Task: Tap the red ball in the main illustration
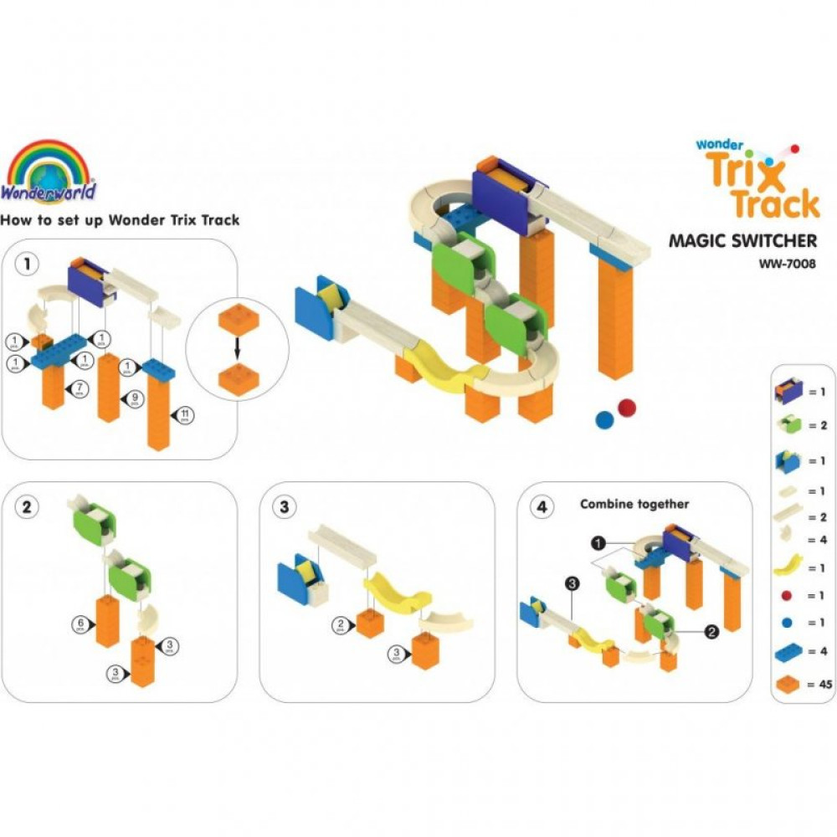point(626,408)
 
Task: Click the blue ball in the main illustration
point(604,418)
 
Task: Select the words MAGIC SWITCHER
point(742,242)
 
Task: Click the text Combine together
point(634,505)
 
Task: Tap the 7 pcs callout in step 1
point(76,387)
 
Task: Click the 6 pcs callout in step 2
point(79,624)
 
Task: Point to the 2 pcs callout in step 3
point(341,623)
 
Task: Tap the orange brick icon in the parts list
point(790,684)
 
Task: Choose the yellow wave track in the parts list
point(788,567)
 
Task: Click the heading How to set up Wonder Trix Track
point(121,221)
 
